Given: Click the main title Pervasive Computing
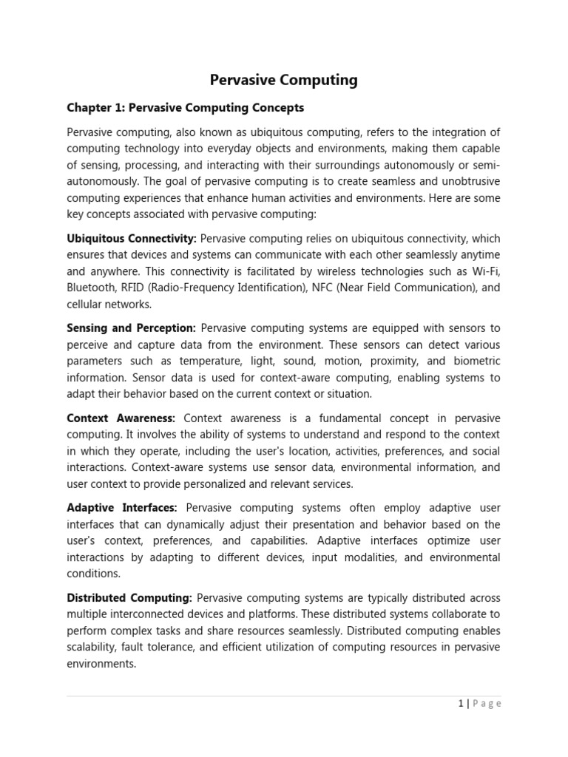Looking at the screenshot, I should coord(284,80).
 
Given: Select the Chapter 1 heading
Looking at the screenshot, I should coord(185,108).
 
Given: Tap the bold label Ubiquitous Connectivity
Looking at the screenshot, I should coord(132,239).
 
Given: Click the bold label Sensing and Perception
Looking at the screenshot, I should coord(131,328).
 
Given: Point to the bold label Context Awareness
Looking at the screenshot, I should coord(121,418).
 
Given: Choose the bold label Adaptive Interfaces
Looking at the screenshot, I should coord(122,508).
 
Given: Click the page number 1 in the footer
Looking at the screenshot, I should coord(460,704).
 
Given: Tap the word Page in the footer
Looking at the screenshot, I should coord(485,704).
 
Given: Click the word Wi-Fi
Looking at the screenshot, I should coord(487,271).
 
